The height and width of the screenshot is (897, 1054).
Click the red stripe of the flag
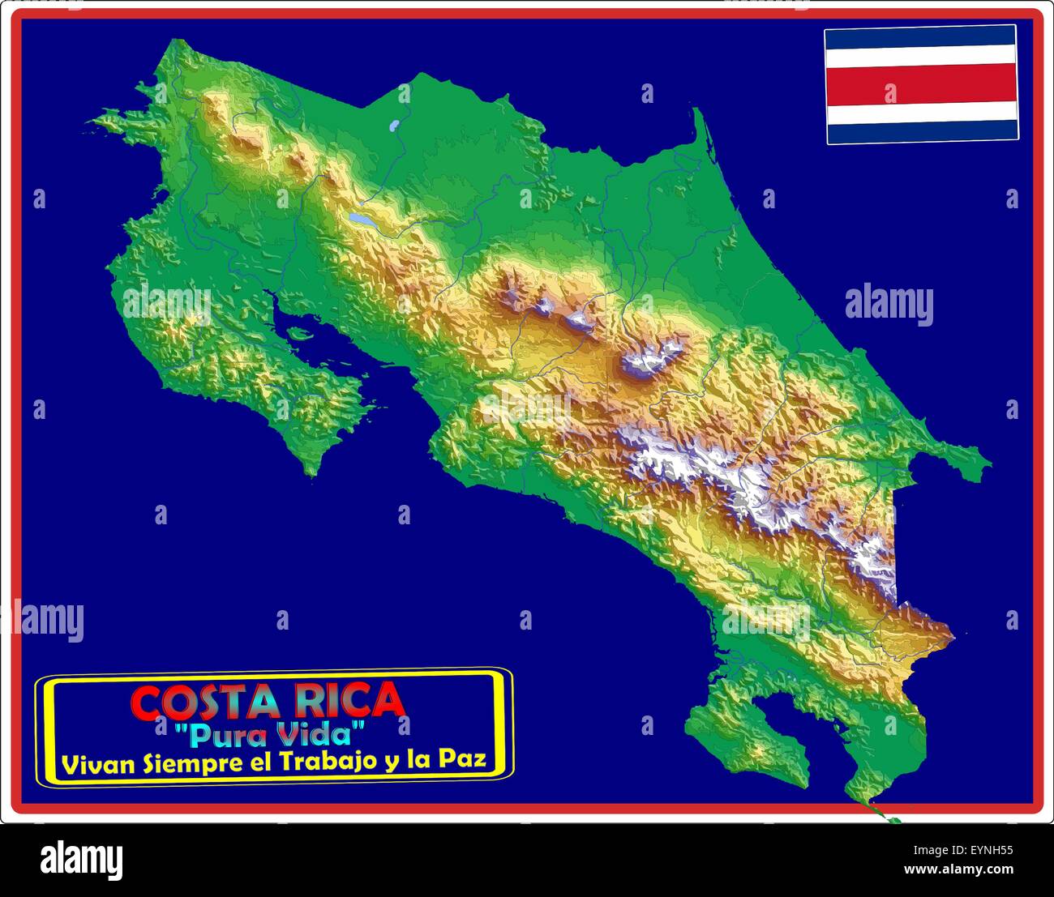pyautogui.click(x=921, y=84)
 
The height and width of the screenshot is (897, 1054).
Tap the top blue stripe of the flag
pyautogui.click(x=921, y=35)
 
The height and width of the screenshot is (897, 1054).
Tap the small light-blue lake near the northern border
pyautogui.click(x=394, y=126)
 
